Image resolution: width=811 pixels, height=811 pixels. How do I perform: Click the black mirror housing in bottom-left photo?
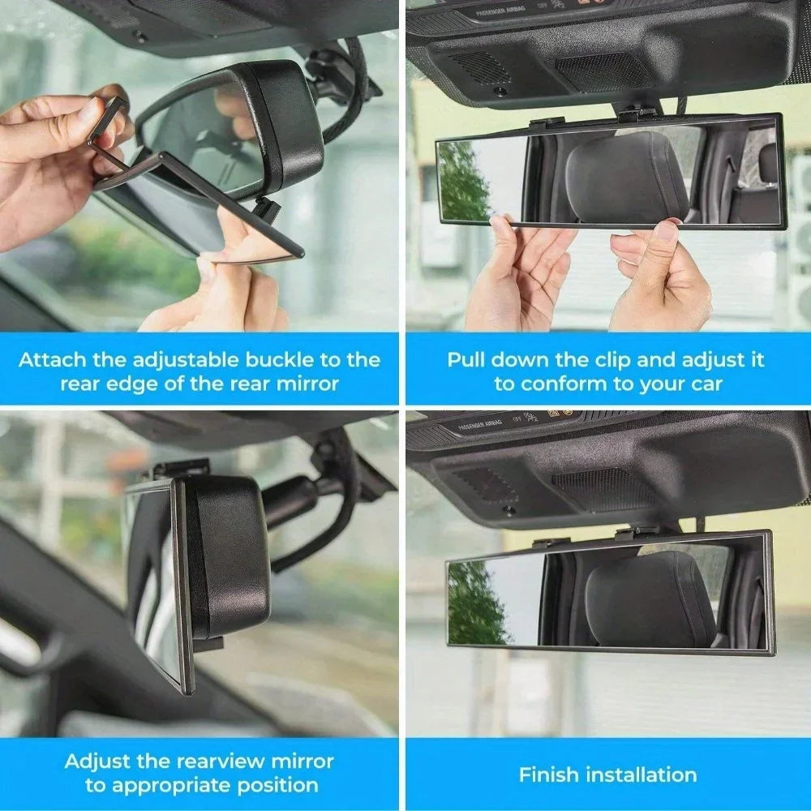227,551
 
